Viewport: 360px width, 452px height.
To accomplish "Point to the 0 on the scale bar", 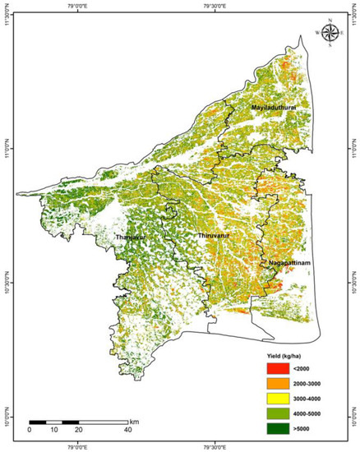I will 30,429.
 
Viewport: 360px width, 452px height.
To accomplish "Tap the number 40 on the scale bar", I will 127,429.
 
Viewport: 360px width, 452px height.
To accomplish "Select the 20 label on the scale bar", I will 78,429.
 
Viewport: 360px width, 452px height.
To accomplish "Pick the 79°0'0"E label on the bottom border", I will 78,447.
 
